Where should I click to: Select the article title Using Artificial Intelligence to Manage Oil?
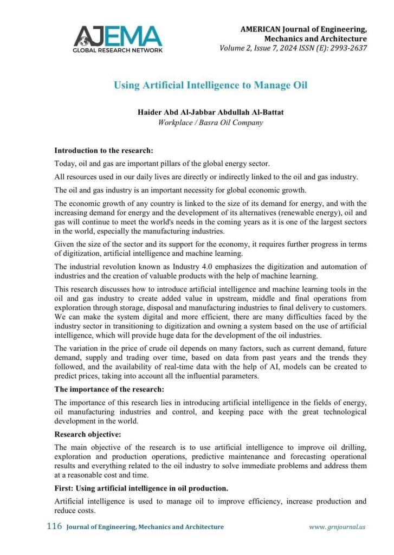(210, 85)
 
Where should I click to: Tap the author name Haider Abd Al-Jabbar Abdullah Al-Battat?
(210, 112)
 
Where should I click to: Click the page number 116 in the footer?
(54, 526)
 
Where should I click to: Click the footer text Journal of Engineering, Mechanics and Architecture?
(145, 527)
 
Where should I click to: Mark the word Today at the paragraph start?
(64, 164)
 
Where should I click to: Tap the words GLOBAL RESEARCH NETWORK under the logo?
(118, 50)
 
